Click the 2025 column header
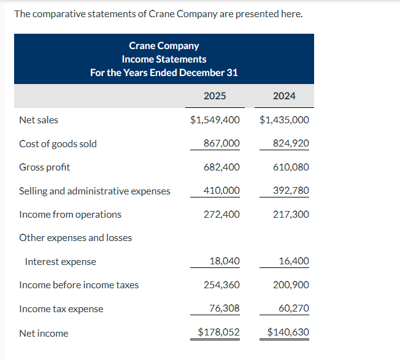point(215,96)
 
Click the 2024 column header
point(284,96)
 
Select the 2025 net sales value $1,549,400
point(215,120)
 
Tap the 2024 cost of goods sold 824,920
point(291,144)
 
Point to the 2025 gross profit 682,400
point(221,167)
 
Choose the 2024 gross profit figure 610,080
point(291,167)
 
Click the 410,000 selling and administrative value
point(221,191)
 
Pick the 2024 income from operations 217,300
point(291,214)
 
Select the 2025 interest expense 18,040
point(225,261)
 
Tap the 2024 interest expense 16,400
point(294,261)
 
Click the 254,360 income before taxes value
point(221,285)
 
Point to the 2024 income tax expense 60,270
point(294,308)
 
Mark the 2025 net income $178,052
point(218,332)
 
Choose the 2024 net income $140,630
point(288,332)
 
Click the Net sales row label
point(39,120)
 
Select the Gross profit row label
point(44,167)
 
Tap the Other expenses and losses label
point(75,237)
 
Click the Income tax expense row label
point(61,308)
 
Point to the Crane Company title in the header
point(164,45)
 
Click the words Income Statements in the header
point(164,59)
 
